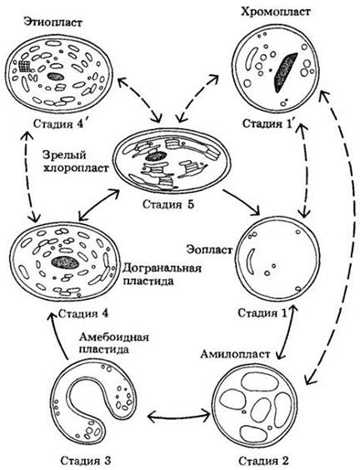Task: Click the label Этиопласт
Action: (52, 22)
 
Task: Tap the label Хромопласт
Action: (275, 12)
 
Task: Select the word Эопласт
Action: (209, 249)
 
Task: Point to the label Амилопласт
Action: (235, 354)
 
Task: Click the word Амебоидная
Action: (114, 337)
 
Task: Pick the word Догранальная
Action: (162, 267)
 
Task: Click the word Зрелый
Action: (64, 155)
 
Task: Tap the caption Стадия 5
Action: (168, 204)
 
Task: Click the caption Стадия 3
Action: (86, 460)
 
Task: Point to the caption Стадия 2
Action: (263, 460)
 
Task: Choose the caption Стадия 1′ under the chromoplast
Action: (267, 123)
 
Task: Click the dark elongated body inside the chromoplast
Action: (285, 72)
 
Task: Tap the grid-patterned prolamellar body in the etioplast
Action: (25, 66)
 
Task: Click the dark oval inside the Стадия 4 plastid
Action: (65, 262)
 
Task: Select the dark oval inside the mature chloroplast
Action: (156, 156)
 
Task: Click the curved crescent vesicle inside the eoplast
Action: (250, 259)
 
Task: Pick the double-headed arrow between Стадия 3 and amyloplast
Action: (179, 416)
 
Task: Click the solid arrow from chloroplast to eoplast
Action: (241, 202)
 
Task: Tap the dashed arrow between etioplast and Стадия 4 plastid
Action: (30, 177)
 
